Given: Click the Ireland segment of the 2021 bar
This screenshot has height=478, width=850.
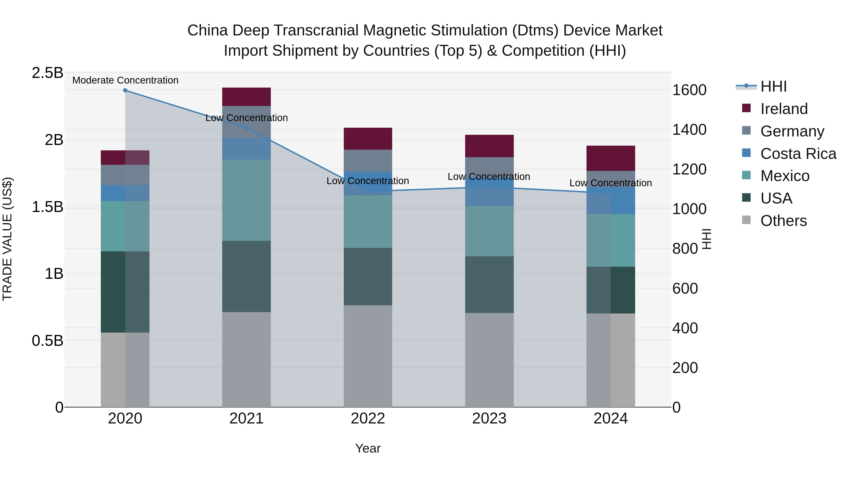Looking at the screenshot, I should click(x=246, y=97).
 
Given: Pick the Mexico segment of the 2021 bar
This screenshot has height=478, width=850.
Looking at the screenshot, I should click(x=246, y=200).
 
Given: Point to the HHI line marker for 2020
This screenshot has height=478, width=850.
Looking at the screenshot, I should click(x=125, y=90).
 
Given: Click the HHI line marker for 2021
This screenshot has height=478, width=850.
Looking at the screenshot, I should click(x=246, y=128).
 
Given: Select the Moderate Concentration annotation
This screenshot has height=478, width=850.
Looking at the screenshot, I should click(x=125, y=80).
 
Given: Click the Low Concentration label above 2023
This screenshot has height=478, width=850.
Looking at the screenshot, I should click(x=489, y=177).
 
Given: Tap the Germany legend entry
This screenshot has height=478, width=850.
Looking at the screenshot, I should click(x=792, y=131).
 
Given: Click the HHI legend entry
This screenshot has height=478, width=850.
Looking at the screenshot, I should click(x=773, y=86).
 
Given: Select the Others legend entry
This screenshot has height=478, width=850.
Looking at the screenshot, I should click(x=783, y=221).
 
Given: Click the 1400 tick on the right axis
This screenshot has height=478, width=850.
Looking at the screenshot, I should click(x=689, y=130).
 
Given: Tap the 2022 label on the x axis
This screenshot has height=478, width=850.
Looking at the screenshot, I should click(x=368, y=419).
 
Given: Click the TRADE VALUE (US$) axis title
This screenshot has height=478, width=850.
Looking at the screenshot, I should click(x=7, y=239).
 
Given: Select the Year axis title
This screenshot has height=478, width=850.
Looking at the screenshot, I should click(x=368, y=448).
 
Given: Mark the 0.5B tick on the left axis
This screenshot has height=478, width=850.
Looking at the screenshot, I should click(x=47, y=340).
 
